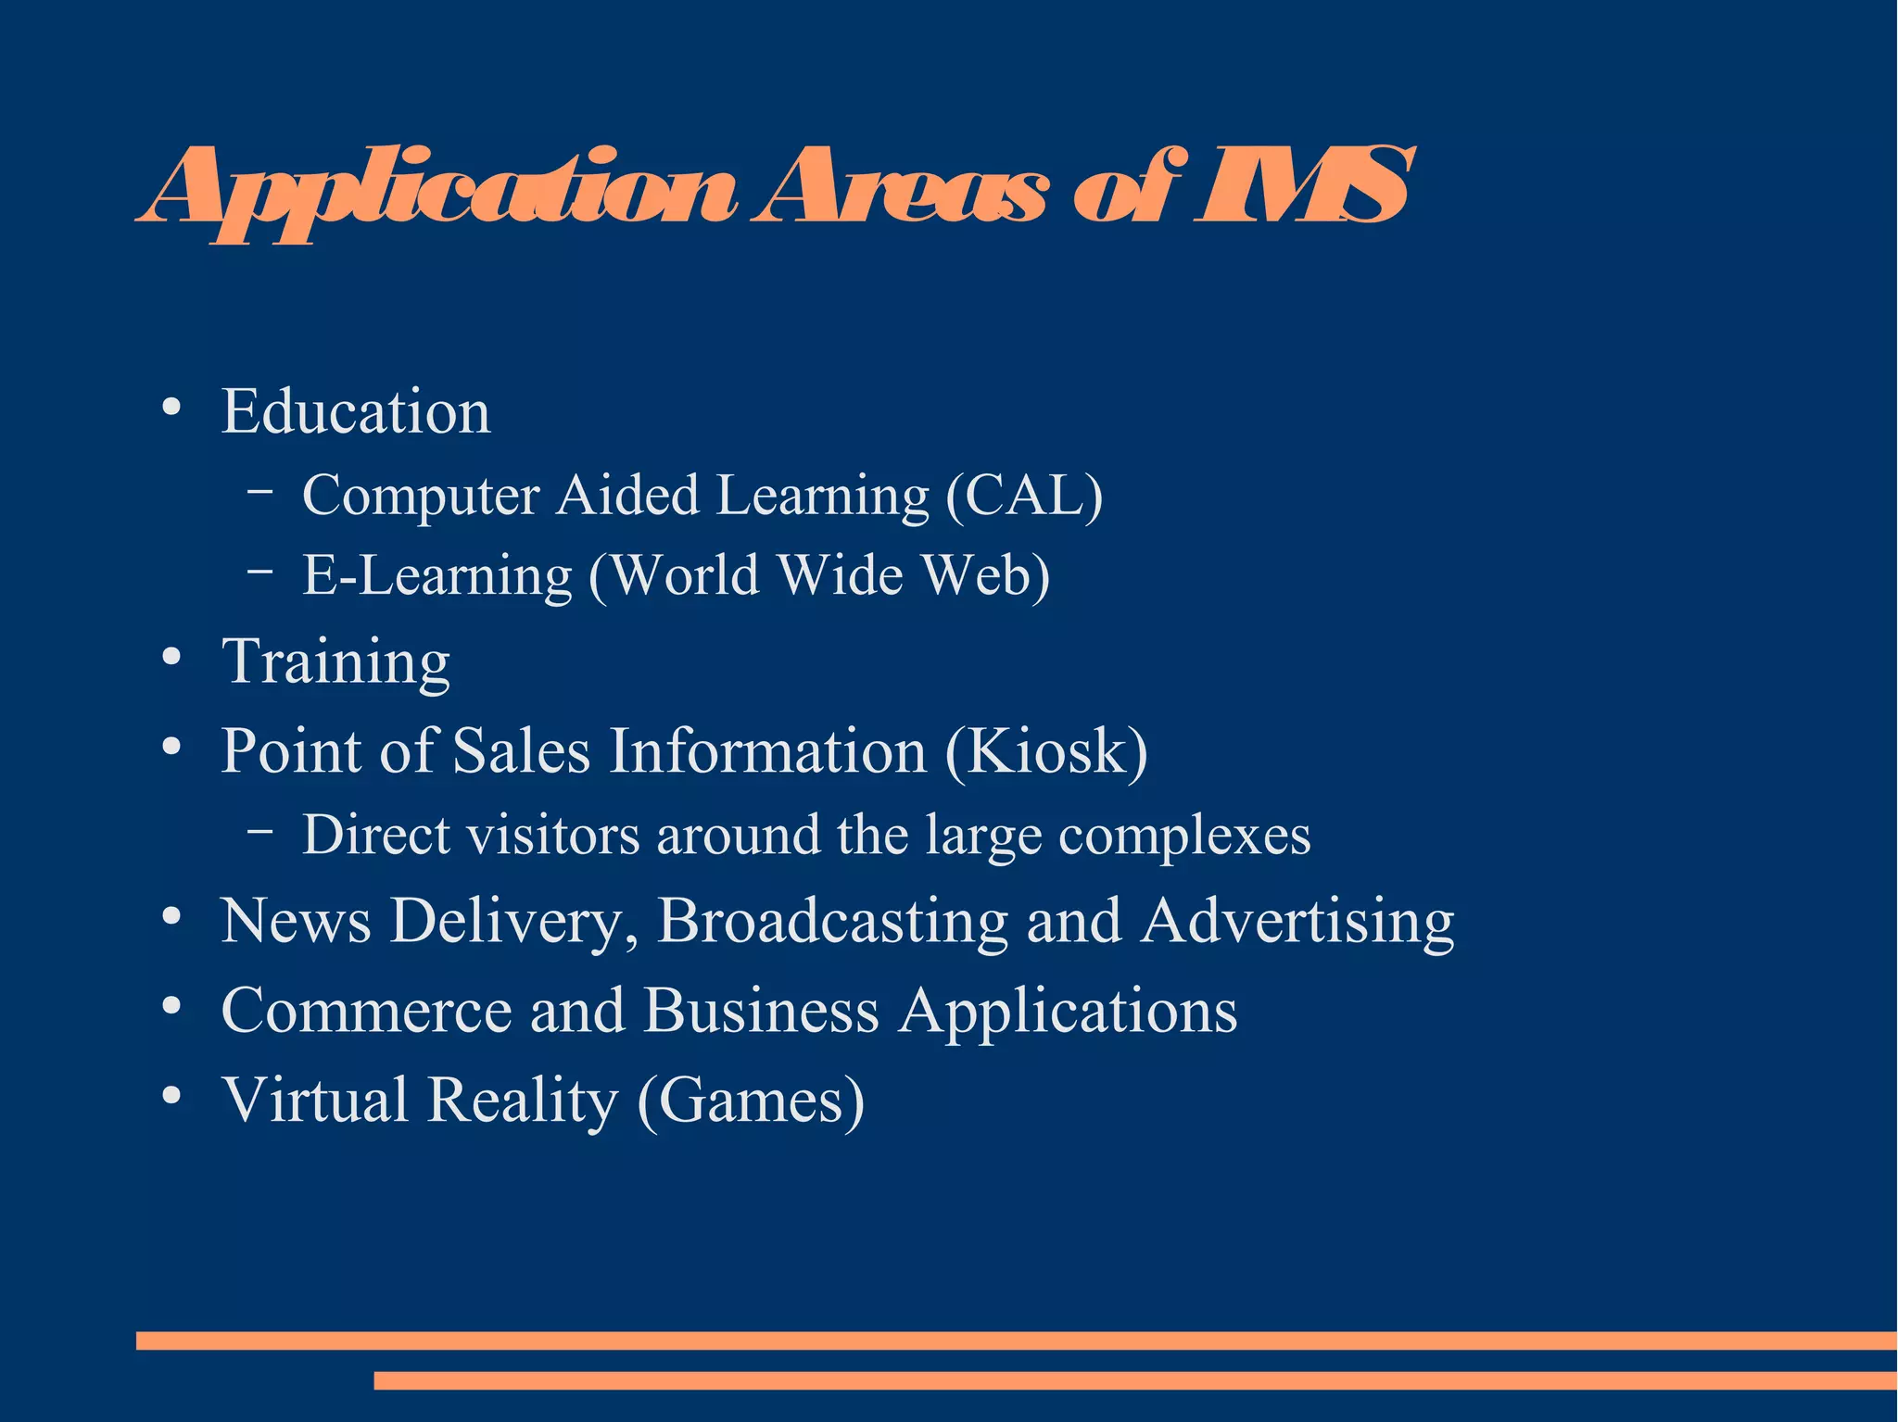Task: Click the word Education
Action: coord(356,411)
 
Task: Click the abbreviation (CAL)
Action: coord(1024,496)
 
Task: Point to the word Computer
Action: coord(421,496)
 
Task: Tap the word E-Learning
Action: coord(437,576)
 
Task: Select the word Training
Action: coord(336,662)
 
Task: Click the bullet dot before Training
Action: coord(171,657)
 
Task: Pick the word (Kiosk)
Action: coord(1046,750)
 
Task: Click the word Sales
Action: coord(521,750)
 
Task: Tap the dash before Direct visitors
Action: coord(260,831)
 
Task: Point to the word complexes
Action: coord(1184,836)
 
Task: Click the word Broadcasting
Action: coord(832,922)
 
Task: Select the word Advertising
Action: coord(1297,922)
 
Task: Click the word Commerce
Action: coord(366,1010)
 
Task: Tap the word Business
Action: coord(761,1010)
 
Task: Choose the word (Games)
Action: coord(751,1101)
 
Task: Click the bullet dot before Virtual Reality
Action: coord(171,1095)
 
